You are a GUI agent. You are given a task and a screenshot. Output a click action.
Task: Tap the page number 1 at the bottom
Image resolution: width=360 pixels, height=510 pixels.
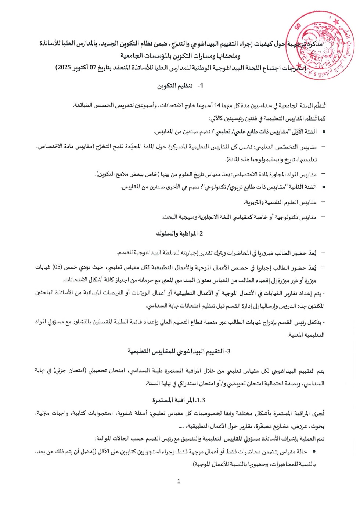[x=179, y=481]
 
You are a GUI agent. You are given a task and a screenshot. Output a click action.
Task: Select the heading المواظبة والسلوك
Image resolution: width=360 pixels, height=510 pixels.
[x=180, y=233]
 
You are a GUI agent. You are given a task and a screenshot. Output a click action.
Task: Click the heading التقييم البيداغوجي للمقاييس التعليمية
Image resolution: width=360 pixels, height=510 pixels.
[x=179, y=351]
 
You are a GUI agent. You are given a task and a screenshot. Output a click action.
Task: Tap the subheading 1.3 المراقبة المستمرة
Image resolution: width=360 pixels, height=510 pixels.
[x=179, y=400]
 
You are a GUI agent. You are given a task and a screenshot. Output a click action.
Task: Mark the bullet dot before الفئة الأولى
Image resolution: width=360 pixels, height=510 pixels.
[x=324, y=132]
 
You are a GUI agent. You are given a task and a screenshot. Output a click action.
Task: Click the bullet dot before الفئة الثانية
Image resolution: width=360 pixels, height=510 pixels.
[x=324, y=187]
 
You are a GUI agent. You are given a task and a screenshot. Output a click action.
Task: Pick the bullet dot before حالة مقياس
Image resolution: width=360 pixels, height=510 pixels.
[x=314, y=452]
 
